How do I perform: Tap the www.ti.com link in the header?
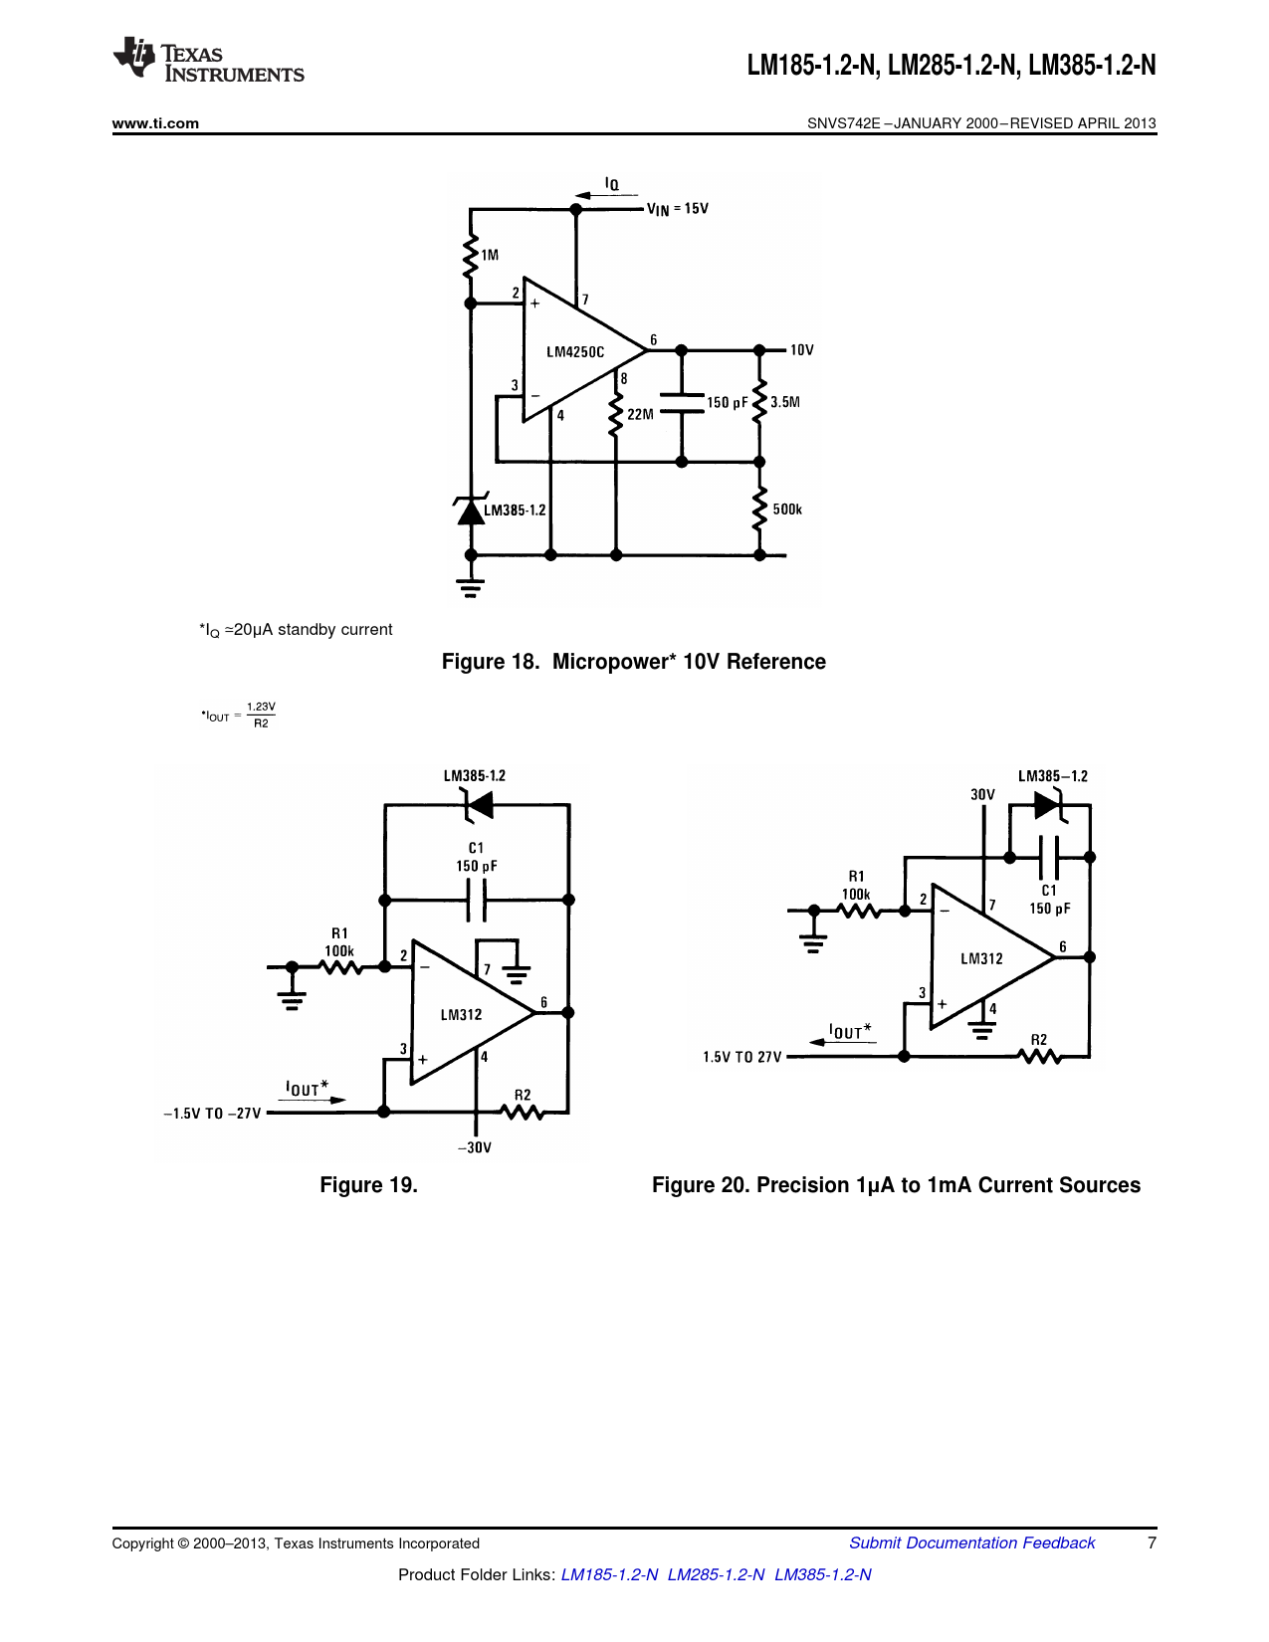(x=155, y=123)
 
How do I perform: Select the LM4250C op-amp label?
(x=575, y=352)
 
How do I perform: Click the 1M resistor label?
(x=490, y=255)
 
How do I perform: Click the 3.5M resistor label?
(x=785, y=403)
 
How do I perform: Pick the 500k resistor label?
(x=787, y=510)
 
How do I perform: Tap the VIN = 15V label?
(x=678, y=209)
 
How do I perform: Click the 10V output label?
(x=802, y=350)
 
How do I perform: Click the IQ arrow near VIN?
(x=606, y=193)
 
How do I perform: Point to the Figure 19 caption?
(x=368, y=1185)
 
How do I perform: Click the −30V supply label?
(x=475, y=1147)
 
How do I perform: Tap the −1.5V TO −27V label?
(x=212, y=1114)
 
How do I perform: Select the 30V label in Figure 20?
(x=982, y=794)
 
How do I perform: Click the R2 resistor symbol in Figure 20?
(x=1039, y=1056)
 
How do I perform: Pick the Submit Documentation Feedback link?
(x=971, y=1542)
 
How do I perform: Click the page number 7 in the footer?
(x=1152, y=1542)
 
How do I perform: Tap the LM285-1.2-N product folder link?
(x=716, y=1574)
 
